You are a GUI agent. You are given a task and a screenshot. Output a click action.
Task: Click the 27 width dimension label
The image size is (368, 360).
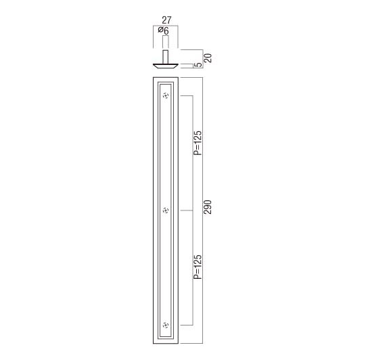pos(166,20)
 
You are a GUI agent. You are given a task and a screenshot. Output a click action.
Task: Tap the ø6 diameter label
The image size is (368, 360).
pos(163,30)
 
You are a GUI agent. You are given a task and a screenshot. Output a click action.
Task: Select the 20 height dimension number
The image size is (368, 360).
pos(208,58)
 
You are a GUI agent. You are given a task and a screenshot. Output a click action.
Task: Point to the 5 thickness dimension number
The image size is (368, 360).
pos(199,64)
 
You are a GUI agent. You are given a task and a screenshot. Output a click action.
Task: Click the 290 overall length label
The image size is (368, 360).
pos(208,207)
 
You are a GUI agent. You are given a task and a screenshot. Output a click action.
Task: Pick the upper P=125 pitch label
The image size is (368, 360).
pos(198,143)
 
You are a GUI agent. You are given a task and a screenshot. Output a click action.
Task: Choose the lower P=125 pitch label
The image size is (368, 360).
pos(198,267)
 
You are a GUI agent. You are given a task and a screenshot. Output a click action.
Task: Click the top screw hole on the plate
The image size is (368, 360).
pos(166,95)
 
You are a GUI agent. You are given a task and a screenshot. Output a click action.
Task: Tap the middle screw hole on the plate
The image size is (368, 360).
pos(166,210)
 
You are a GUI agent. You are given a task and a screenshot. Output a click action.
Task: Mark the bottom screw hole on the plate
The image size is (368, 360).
pos(166,325)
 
